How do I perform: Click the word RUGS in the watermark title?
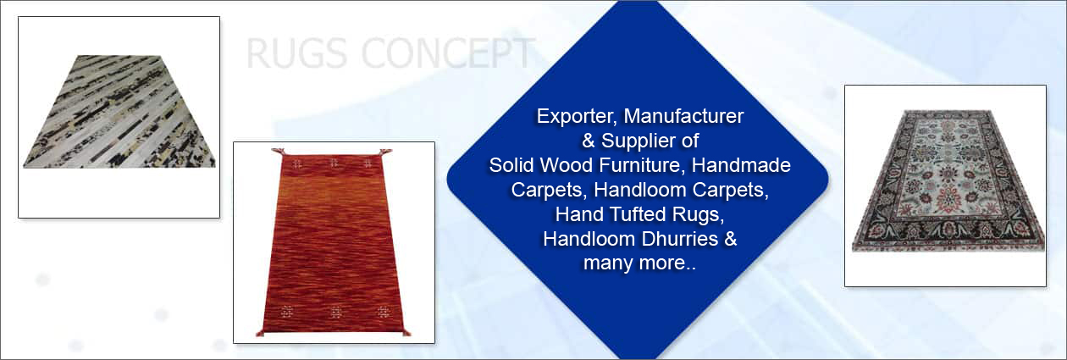(x=296, y=53)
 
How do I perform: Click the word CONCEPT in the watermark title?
(x=449, y=53)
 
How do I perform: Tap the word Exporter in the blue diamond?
(x=577, y=116)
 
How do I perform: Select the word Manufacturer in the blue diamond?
(x=683, y=116)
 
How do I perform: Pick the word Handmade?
(x=741, y=165)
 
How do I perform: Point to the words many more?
(x=639, y=263)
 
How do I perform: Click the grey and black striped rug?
(x=119, y=112)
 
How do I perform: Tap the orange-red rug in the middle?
(x=334, y=243)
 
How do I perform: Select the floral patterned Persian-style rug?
(x=948, y=181)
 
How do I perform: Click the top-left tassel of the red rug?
(x=278, y=152)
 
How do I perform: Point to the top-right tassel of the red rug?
(x=386, y=152)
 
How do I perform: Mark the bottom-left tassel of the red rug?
(x=260, y=332)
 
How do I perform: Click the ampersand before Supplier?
(x=589, y=141)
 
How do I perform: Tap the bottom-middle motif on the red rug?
(x=335, y=313)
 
